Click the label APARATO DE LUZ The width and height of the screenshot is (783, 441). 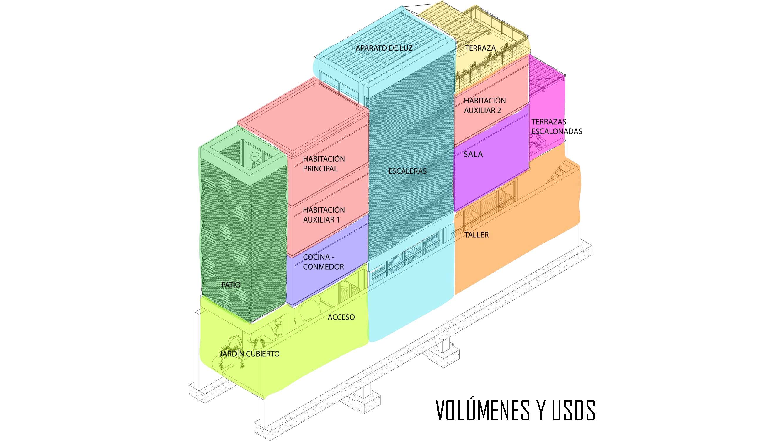[x=384, y=48]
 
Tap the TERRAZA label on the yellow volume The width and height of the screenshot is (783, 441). [x=480, y=48]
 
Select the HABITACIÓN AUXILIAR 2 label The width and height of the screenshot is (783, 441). [x=484, y=106]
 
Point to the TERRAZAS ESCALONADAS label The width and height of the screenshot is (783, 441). [x=556, y=127]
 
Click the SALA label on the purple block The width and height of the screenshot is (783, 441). [x=473, y=154]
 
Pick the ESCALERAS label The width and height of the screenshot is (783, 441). [x=407, y=171]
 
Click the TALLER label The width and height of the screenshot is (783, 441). [x=476, y=235]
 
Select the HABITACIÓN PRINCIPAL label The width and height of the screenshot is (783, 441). [x=324, y=164]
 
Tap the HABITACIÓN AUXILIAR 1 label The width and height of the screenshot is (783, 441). [x=324, y=215]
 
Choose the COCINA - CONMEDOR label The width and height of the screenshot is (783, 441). [x=323, y=262]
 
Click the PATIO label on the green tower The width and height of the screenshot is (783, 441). [x=231, y=285]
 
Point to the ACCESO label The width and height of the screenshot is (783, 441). [x=341, y=317]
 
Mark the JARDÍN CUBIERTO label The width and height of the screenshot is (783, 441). [x=249, y=354]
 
